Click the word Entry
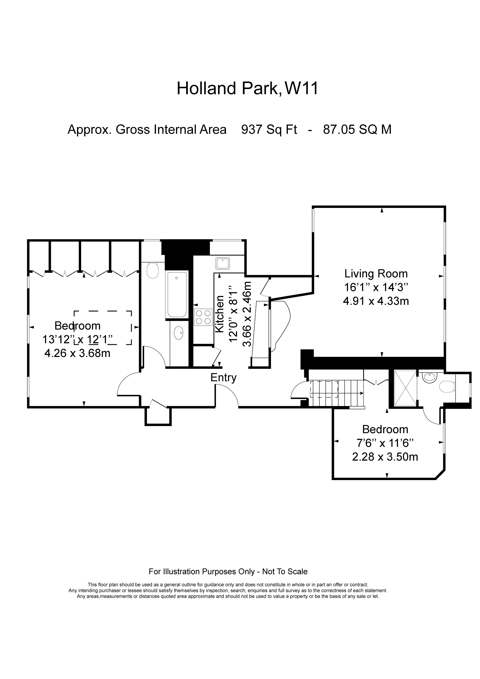point(223,378)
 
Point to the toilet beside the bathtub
point(153,270)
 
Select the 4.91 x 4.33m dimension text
point(376,301)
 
